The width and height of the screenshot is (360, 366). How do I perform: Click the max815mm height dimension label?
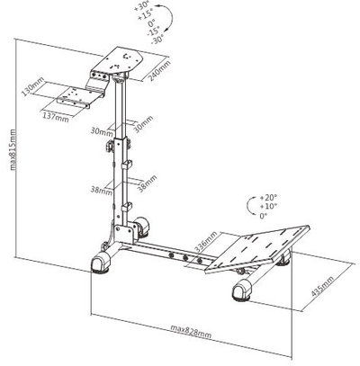(x=13, y=149)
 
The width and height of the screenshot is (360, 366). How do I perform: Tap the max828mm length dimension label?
(x=191, y=331)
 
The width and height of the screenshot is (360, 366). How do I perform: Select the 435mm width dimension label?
(x=322, y=286)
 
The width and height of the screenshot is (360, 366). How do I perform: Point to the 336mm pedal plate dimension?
(x=206, y=242)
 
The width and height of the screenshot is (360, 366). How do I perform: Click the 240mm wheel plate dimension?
(x=160, y=71)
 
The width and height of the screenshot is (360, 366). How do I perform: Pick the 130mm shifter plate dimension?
(x=33, y=86)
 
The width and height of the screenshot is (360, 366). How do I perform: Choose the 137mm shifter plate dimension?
(x=55, y=117)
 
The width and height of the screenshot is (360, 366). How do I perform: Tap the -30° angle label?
(x=157, y=40)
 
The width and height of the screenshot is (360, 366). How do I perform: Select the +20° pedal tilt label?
(x=268, y=198)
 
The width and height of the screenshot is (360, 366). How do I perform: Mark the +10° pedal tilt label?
(x=268, y=206)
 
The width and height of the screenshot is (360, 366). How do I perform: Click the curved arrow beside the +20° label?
(x=248, y=207)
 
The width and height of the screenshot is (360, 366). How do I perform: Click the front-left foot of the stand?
(x=101, y=263)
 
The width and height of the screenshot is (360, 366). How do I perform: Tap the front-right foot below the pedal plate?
(x=242, y=290)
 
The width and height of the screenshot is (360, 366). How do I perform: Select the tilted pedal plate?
(x=257, y=248)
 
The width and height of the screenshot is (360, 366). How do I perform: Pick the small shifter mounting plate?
(x=73, y=96)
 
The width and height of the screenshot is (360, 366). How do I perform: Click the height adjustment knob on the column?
(x=109, y=146)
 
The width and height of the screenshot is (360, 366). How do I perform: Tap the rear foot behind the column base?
(x=142, y=228)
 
